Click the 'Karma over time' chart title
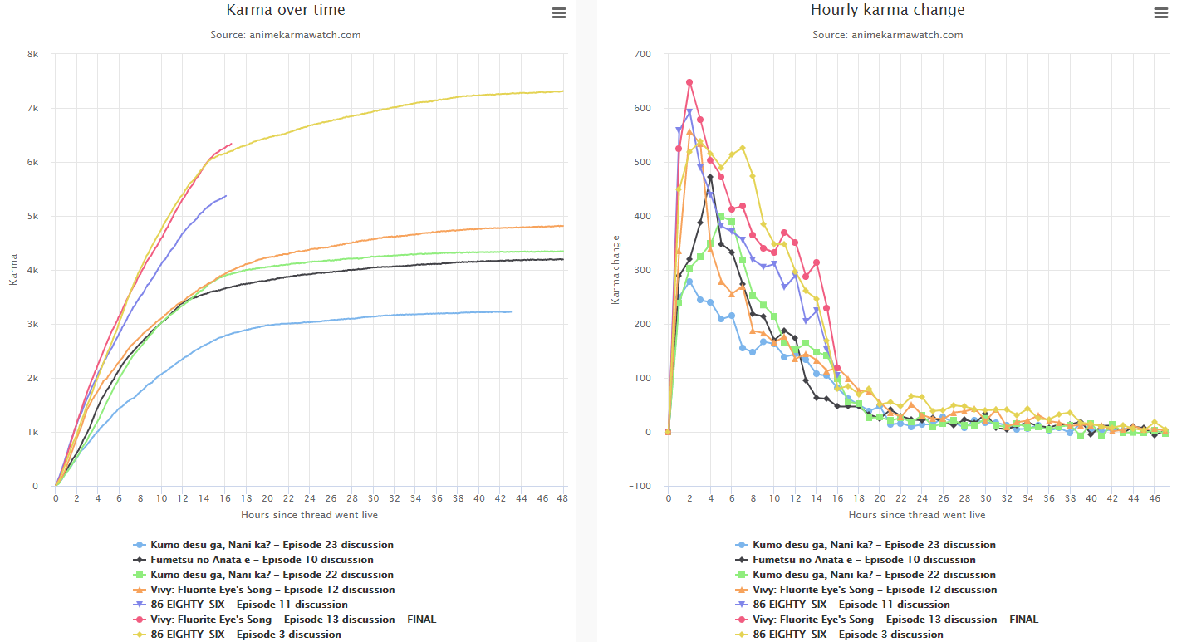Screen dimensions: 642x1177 (x=286, y=11)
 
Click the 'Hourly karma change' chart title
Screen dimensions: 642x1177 (x=887, y=11)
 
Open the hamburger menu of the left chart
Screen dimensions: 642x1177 (x=559, y=13)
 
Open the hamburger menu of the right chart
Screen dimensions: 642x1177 (x=1160, y=13)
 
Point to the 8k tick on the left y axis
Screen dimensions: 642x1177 (x=32, y=55)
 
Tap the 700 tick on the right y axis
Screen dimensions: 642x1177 (x=643, y=55)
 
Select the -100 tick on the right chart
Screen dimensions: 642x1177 (x=641, y=487)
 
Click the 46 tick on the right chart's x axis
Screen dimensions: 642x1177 (x=1155, y=498)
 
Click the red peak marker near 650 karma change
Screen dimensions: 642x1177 (x=689, y=82)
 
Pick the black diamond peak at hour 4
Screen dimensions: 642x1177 (x=710, y=177)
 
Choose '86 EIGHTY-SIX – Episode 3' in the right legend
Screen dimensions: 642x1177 (x=847, y=635)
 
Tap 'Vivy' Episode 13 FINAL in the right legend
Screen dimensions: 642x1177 (x=895, y=620)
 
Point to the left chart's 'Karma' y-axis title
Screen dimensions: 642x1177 (x=13, y=270)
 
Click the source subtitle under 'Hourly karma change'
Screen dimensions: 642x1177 (x=887, y=35)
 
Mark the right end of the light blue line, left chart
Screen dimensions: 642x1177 (x=512, y=312)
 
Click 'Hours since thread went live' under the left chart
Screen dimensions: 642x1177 (x=309, y=515)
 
